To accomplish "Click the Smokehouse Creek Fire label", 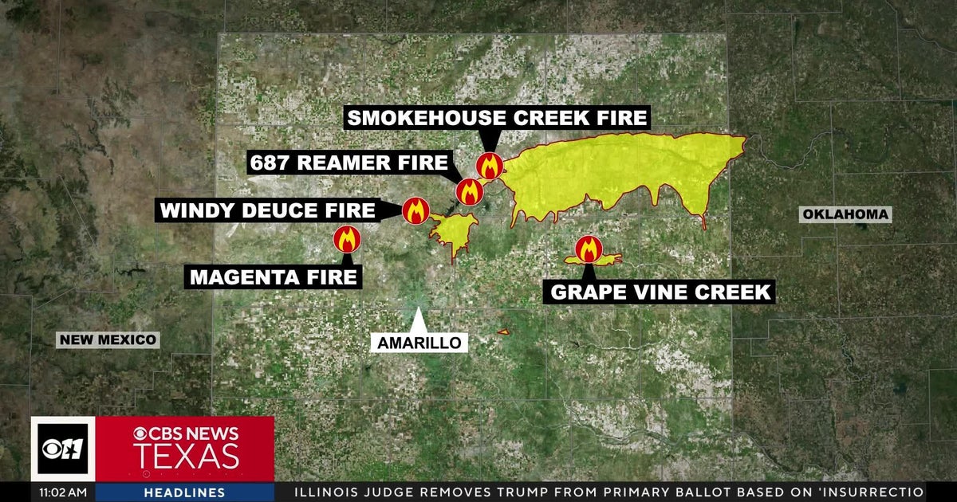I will pyautogui.click(x=496, y=119).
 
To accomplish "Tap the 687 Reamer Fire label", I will pyautogui.click(x=349, y=163).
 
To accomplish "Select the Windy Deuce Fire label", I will pyautogui.click(x=267, y=211).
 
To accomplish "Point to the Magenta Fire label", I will pyautogui.click(x=273, y=277).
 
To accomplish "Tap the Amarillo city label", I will pyautogui.click(x=419, y=343).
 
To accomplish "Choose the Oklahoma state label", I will pyautogui.click(x=845, y=214).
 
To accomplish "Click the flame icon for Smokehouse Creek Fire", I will pyautogui.click(x=489, y=167).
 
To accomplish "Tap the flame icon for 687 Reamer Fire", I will pyautogui.click(x=468, y=191).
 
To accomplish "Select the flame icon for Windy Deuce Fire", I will pyautogui.click(x=415, y=211).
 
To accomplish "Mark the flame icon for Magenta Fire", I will pyautogui.click(x=347, y=238).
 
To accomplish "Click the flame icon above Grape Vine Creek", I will pyautogui.click(x=589, y=249).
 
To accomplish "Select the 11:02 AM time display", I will pyautogui.click(x=63, y=492).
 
